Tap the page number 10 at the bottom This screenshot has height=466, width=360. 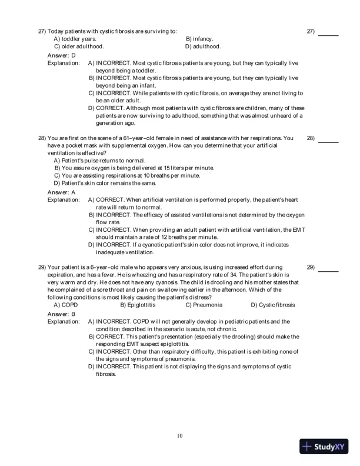coord(180,435)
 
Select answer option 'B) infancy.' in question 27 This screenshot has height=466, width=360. coord(199,38)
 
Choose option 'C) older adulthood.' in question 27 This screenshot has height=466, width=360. coord(79,46)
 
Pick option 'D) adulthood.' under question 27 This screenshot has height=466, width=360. coord(203,46)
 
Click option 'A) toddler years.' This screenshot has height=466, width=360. coord(75,38)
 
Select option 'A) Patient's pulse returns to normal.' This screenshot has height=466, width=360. coord(99,160)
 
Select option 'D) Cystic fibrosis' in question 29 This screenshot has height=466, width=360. coord(272,305)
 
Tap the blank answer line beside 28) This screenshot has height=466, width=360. coord(328,142)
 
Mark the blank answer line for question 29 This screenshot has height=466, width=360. coord(328,271)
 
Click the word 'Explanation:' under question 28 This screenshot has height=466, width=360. coord(64,199)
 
